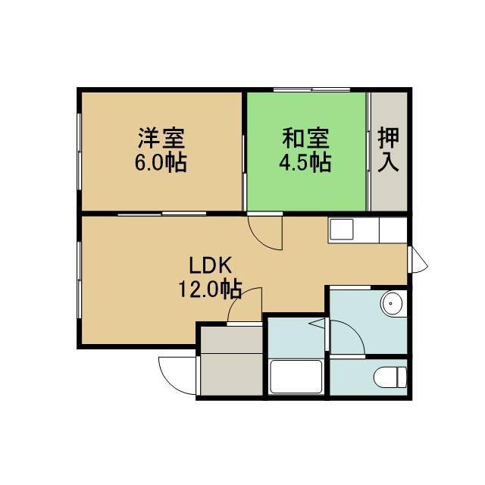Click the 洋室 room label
[x=161, y=138]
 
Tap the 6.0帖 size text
[x=161, y=162]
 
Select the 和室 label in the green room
[x=305, y=138]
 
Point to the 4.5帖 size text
[x=305, y=162]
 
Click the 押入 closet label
[x=388, y=149]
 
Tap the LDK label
[x=211, y=265]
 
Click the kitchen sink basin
[x=342, y=230]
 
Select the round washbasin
[x=392, y=304]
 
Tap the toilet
[x=390, y=377]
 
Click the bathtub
[x=296, y=377]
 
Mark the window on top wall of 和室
[x=311, y=89]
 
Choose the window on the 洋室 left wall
[x=79, y=152]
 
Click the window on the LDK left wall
[x=79, y=280]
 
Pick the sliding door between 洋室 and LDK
[x=161, y=214]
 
